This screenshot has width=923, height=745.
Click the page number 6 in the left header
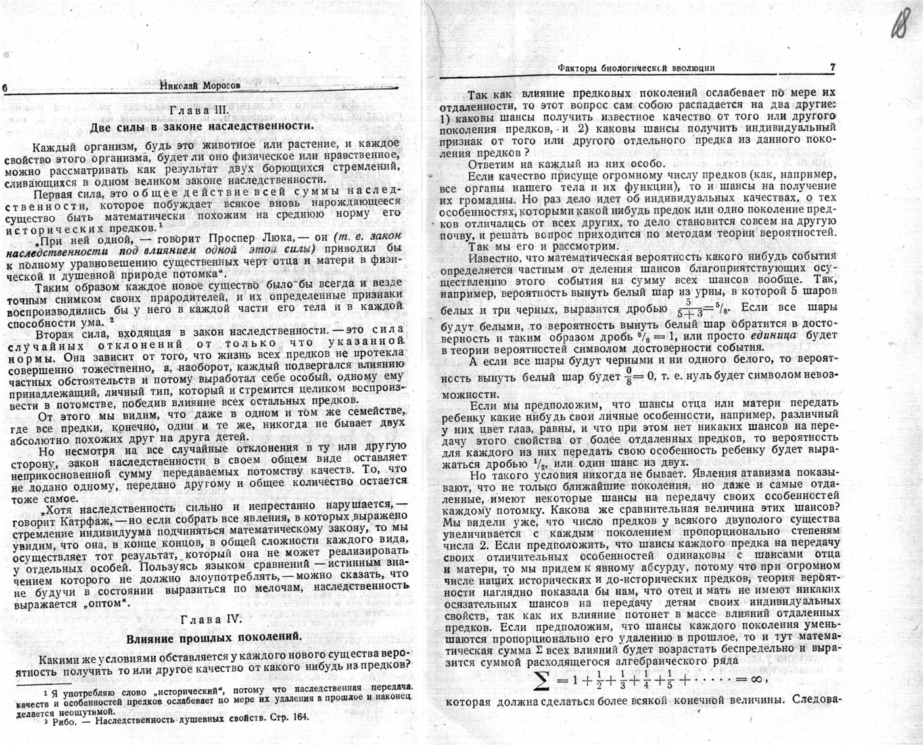tap(5, 88)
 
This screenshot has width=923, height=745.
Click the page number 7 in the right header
tap(832, 68)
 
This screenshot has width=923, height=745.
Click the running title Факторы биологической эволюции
tap(636, 68)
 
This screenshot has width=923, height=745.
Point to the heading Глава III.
tap(198, 110)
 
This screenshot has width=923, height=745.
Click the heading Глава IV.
tap(212, 619)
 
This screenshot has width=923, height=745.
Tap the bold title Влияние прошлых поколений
tap(214, 637)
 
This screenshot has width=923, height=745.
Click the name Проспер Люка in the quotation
tap(245, 237)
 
